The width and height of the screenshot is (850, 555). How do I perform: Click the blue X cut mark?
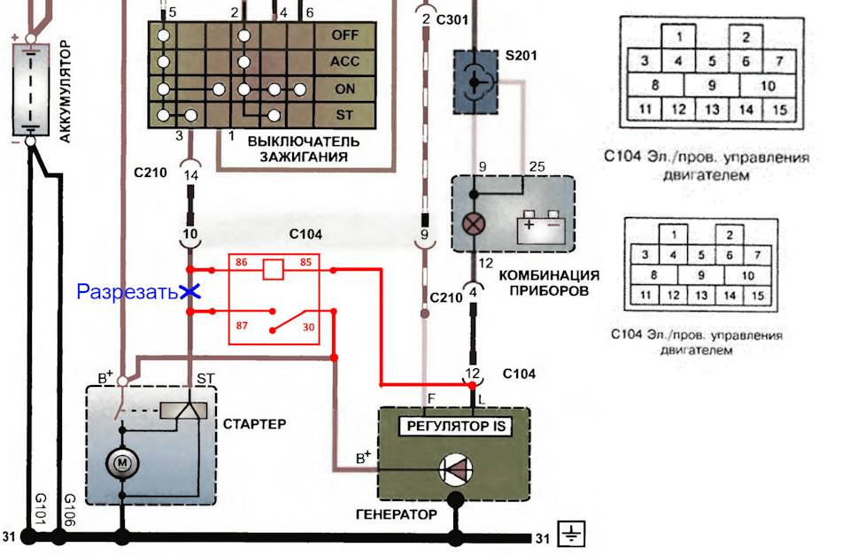pos(189,290)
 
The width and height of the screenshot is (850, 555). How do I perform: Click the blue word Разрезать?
pos(127,291)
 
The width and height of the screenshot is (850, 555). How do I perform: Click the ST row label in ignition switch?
pos(344,116)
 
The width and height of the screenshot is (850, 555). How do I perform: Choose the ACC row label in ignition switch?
pos(344,62)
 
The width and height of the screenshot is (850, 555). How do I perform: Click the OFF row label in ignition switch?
pos(344,35)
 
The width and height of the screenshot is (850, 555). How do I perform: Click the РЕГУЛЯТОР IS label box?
pos(453,426)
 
